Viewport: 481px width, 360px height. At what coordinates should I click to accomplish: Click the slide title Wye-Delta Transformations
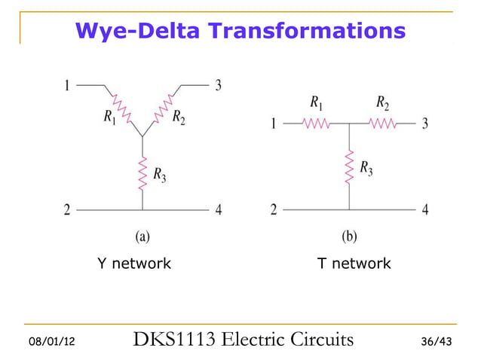(x=240, y=31)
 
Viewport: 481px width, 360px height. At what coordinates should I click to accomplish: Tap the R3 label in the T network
(x=365, y=168)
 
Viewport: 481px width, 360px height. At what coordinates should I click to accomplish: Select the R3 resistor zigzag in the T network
(x=348, y=167)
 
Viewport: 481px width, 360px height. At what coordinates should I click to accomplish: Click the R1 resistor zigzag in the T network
(x=315, y=124)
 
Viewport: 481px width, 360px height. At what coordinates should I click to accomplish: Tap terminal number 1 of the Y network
(x=67, y=85)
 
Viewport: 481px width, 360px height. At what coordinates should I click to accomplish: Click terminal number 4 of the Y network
(x=219, y=210)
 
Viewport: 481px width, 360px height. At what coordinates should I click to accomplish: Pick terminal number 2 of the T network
(x=273, y=210)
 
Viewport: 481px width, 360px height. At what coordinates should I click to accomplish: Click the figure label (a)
(x=142, y=236)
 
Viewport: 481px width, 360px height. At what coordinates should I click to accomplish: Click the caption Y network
(x=134, y=264)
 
